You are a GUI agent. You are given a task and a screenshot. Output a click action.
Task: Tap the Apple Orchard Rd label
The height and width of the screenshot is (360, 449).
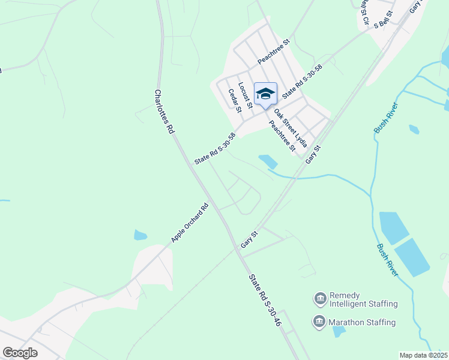(190, 223)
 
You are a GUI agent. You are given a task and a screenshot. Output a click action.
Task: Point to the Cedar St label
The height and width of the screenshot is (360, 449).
(235, 100)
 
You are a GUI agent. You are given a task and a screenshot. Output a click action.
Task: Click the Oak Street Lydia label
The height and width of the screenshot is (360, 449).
(291, 128)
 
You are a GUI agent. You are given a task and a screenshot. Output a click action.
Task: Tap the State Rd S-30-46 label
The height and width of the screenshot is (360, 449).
(265, 300)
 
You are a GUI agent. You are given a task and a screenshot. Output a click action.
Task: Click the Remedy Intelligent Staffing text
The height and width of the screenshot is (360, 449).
(364, 299)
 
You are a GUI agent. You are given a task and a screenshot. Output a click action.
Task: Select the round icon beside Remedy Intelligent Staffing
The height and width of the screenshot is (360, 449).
(320, 298)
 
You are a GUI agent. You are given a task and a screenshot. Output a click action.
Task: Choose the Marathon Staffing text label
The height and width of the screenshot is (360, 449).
(363, 322)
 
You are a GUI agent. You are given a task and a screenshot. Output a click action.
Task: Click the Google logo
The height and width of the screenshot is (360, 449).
(20, 353)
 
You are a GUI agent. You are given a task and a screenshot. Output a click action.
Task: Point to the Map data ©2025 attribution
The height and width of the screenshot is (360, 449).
(423, 355)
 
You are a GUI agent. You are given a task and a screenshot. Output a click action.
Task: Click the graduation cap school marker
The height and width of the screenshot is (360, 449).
(265, 94)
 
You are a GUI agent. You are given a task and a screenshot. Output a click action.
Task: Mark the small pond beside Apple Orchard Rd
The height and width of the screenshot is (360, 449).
(140, 235)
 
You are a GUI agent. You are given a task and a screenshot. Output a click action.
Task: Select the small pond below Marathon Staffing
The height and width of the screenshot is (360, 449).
(339, 331)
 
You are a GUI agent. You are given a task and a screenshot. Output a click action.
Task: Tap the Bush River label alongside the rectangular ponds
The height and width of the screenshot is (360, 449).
(387, 259)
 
